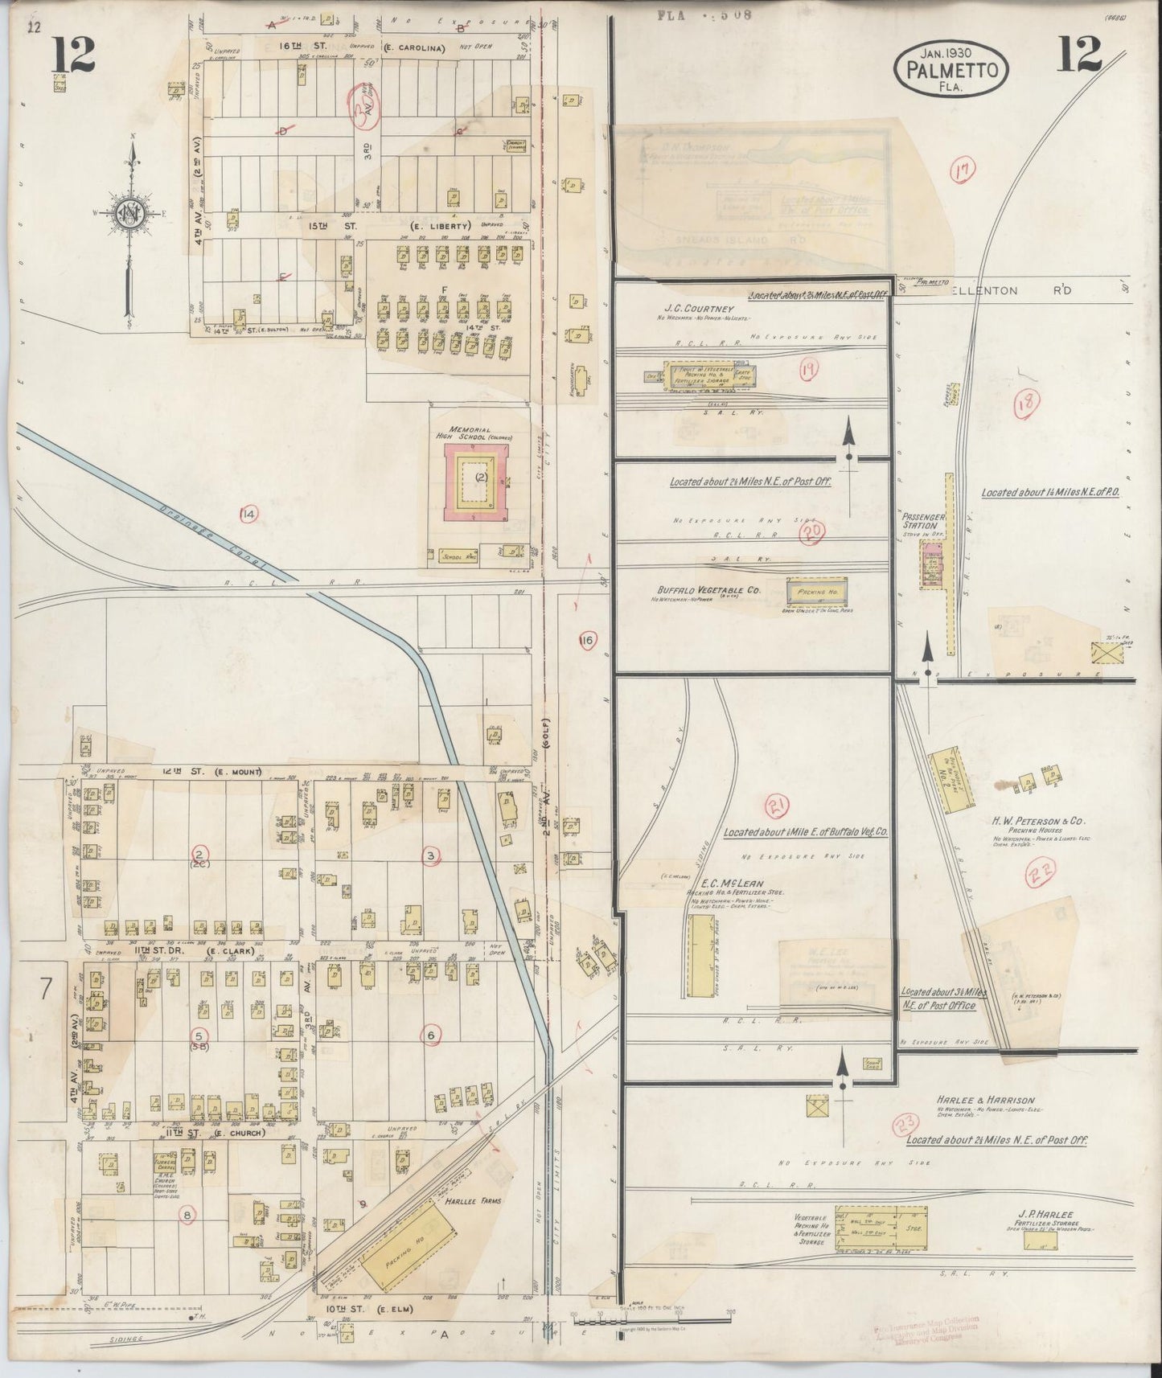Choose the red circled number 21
778,805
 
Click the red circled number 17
962,170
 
